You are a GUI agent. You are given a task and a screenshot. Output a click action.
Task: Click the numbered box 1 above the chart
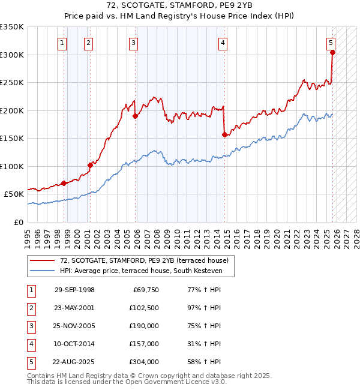[63, 43]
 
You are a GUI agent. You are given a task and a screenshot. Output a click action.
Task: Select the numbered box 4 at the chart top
[223, 43]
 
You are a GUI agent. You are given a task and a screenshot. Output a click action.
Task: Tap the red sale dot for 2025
[332, 52]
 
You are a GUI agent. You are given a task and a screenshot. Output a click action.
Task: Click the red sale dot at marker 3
[135, 116]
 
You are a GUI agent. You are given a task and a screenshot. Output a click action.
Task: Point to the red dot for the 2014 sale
[224, 134]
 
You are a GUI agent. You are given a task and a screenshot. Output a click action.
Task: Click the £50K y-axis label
[14, 194]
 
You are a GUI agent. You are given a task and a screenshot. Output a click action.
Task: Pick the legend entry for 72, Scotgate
[144, 261]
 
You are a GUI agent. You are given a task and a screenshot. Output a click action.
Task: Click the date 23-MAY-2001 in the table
[74, 308]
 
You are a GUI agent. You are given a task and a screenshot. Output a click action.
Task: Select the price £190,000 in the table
[144, 326]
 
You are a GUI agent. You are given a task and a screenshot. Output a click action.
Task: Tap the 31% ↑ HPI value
[205, 344]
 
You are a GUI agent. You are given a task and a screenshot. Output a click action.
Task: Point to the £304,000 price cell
[144, 362]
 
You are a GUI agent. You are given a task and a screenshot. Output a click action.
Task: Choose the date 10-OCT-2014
[74, 344]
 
